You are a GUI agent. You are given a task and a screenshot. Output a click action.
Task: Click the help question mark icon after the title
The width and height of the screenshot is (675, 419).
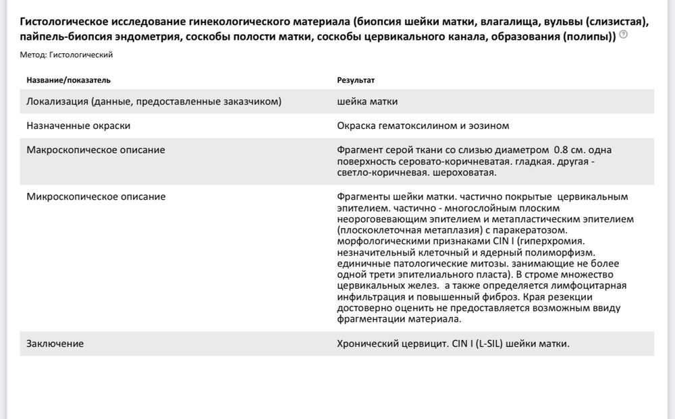click(x=623, y=35)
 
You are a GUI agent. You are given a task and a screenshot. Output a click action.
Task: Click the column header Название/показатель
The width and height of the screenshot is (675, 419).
click(x=68, y=80)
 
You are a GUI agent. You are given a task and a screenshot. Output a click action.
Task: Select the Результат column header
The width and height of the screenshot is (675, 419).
click(x=355, y=80)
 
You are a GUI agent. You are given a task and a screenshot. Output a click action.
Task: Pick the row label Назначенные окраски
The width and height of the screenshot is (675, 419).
click(x=78, y=125)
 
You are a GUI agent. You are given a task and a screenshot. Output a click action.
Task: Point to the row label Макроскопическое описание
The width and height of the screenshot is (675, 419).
click(x=95, y=149)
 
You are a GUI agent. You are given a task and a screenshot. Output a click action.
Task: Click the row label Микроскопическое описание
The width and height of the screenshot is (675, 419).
click(x=95, y=196)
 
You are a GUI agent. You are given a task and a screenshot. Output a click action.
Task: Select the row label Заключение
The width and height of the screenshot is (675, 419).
click(x=55, y=343)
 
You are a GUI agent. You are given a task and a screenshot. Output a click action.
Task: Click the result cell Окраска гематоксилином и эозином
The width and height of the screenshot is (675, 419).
click(x=423, y=125)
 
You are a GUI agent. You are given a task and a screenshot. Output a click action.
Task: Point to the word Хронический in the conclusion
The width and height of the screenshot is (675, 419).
click(x=365, y=343)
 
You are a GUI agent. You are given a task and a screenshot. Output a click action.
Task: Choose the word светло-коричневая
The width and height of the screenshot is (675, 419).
click(x=382, y=172)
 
